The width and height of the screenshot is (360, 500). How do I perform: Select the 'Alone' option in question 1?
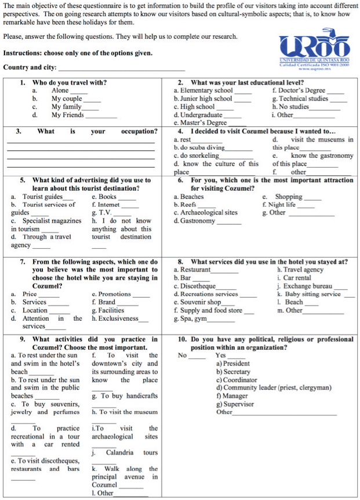tap(60, 90)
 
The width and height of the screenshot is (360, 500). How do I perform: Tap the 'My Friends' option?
tap(68, 115)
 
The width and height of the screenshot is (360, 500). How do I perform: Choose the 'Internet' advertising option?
tap(110, 205)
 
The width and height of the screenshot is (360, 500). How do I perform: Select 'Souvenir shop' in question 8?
tap(201, 302)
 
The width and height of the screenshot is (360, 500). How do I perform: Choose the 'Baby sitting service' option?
tap(312, 294)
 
